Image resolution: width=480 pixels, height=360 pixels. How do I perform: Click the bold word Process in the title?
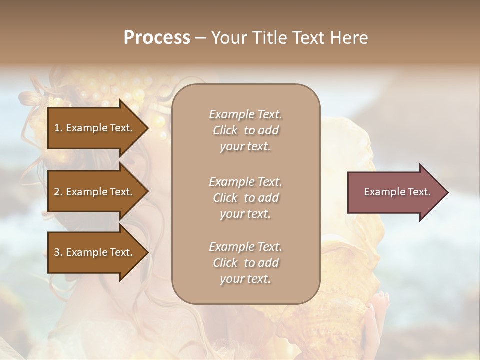(157, 38)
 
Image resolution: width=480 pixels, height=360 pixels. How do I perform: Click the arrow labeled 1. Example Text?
(95, 128)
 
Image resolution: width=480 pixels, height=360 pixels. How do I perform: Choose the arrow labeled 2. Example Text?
(95, 192)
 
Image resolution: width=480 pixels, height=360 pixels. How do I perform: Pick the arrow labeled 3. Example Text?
(95, 252)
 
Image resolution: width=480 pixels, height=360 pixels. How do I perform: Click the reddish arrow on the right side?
(395, 192)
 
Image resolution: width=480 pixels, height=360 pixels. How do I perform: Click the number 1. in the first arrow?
(58, 128)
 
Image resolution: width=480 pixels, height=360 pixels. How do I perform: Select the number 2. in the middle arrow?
(58, 192)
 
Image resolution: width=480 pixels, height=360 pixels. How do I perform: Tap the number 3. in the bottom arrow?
(58, 252)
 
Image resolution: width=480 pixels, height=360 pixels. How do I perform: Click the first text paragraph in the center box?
(245, 130)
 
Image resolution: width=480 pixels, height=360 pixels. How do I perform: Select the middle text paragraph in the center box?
(245, 198)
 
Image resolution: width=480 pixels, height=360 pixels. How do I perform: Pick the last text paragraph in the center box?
(245, 263)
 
